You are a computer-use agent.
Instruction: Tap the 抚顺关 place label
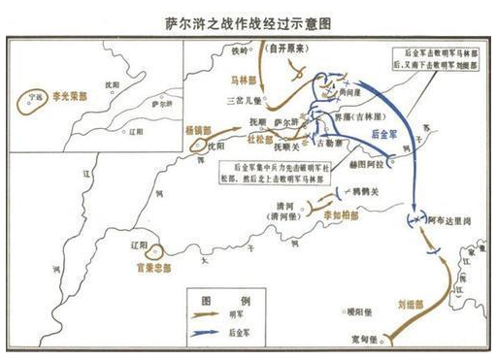tap(282, 147)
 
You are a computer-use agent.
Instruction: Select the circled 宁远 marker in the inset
tap(38, 98)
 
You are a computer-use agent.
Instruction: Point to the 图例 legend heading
tap(215, 298)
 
